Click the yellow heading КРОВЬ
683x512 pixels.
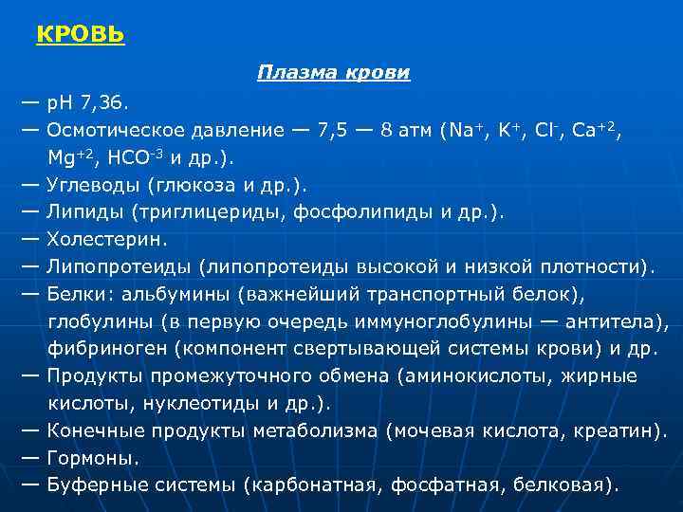tap(81, 35)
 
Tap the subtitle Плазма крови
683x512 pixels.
tap(333, 73)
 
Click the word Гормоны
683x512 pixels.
tap(91, 458)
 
